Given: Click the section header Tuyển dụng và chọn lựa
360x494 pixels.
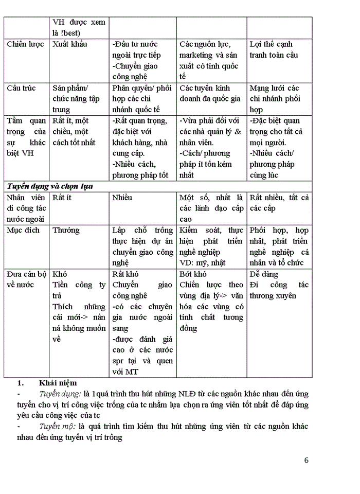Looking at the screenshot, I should click(x=49, y=186).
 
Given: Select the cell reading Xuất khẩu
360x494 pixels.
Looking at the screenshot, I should click(x=70, y=44).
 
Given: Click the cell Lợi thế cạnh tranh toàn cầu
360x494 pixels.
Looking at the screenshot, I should click(x=274, y=49).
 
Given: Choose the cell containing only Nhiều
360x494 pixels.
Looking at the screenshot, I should click(x=122, y=198).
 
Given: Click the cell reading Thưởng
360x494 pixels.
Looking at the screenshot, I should click(x=66, y=230).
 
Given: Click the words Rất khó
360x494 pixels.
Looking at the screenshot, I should click(x=125, y=274).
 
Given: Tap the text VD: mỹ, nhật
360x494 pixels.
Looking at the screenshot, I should click(x=202, y=263).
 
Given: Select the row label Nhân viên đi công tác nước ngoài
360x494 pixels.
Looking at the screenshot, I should click(x=26, y=208).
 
